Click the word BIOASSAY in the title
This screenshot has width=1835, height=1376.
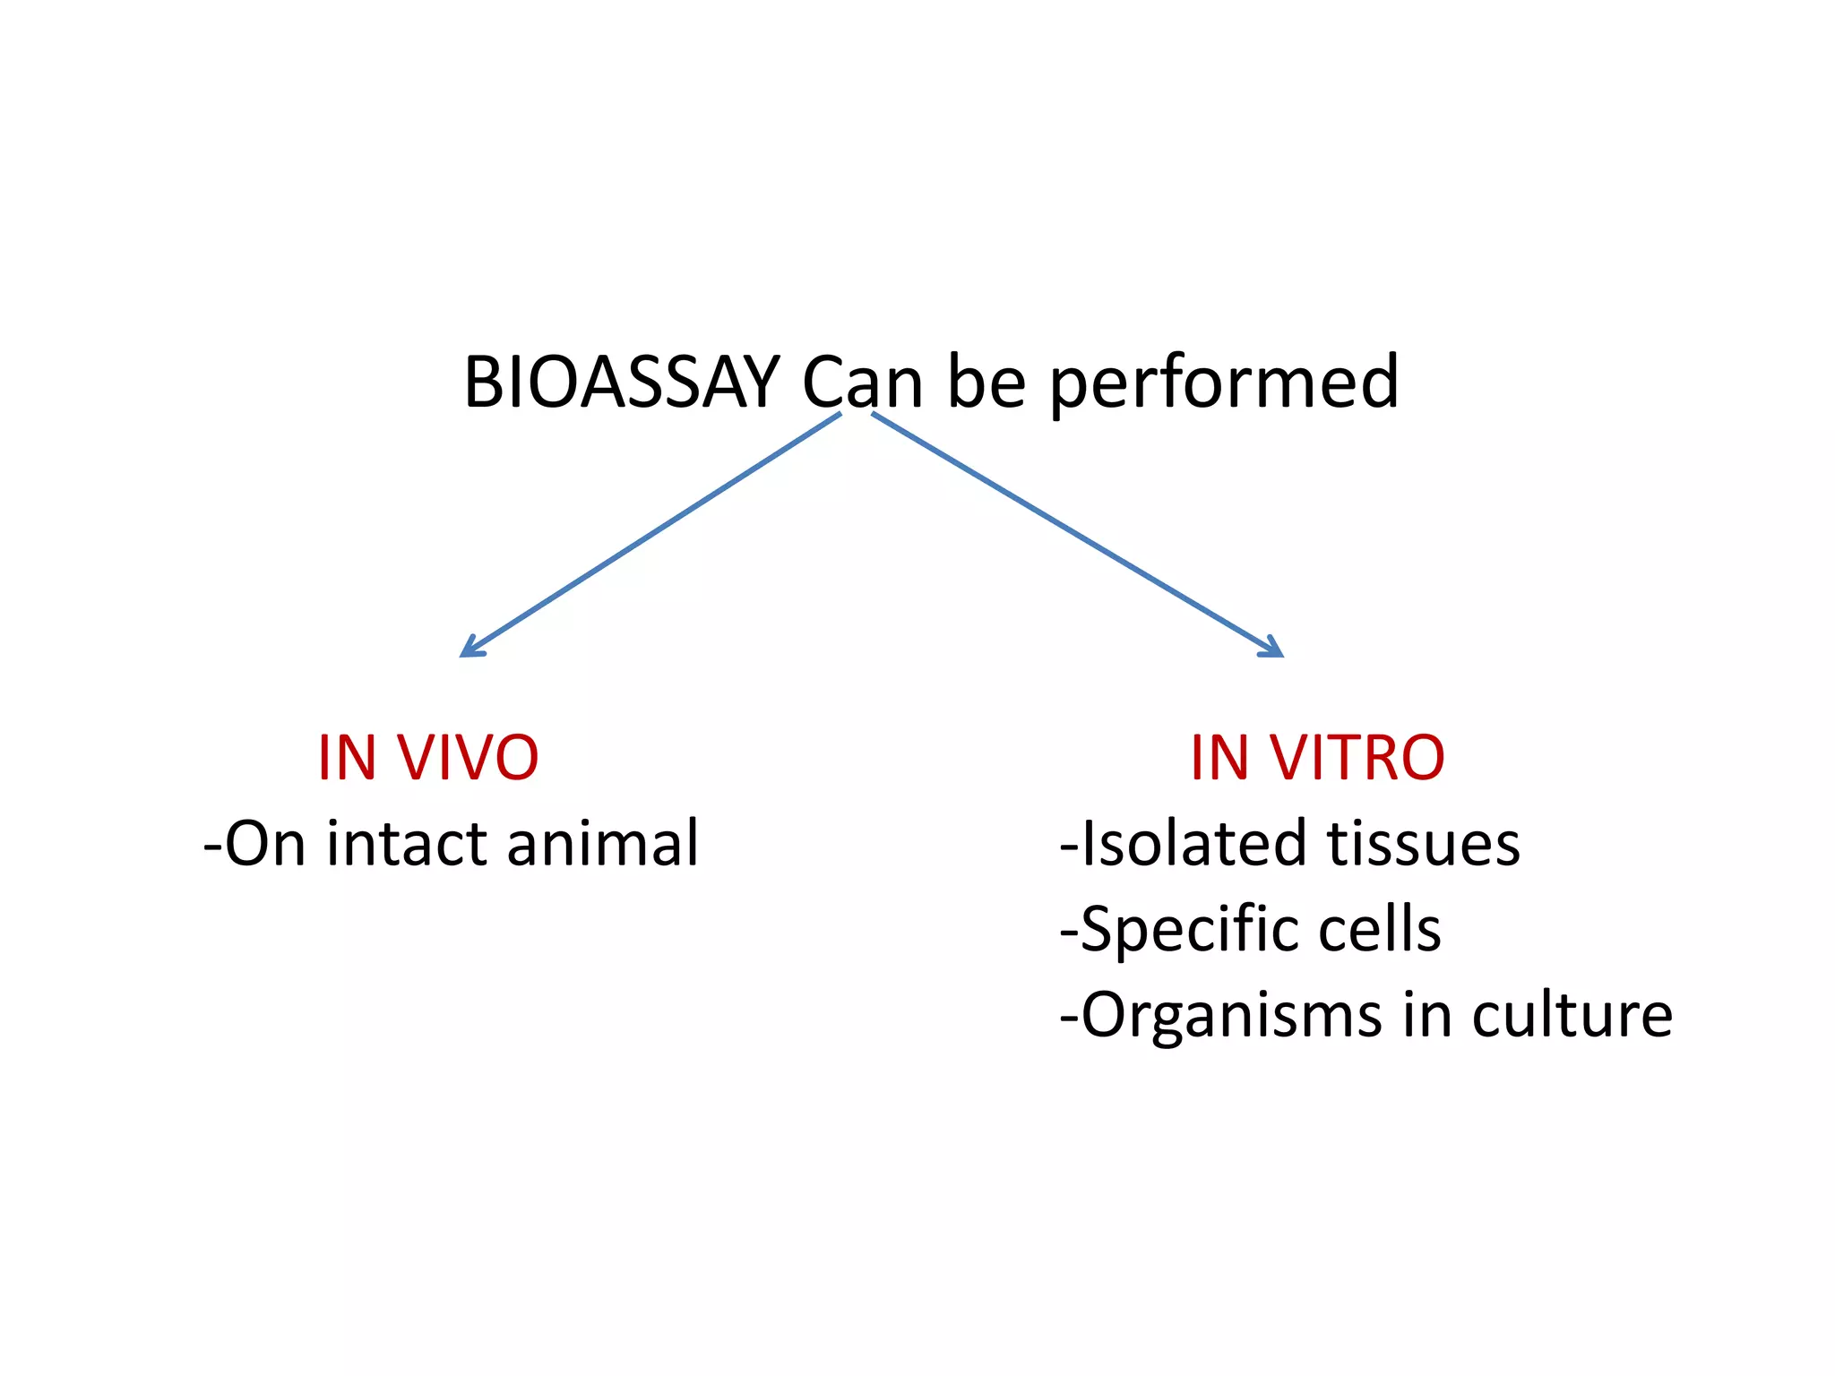pyautogui.click(x=621, y=383)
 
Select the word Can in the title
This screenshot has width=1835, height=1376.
pyautogui.click(x=862, y=383)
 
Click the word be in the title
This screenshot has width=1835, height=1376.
pyautogui.click(x=986, y=383)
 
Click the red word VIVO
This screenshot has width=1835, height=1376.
pyautogui.click(x=468, y=758)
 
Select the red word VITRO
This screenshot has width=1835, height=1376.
pyautogui.click(x=1357, y=758)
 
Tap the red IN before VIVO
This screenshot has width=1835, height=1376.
pyautogui.click(x=347, y=758)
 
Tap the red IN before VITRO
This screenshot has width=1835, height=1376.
pyautogui.click(x=1219, y=758)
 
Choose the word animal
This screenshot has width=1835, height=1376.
pyautogui.click(x=602, y=844)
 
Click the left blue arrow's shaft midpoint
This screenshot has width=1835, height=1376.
pyautogui.click(x=651, y=534)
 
